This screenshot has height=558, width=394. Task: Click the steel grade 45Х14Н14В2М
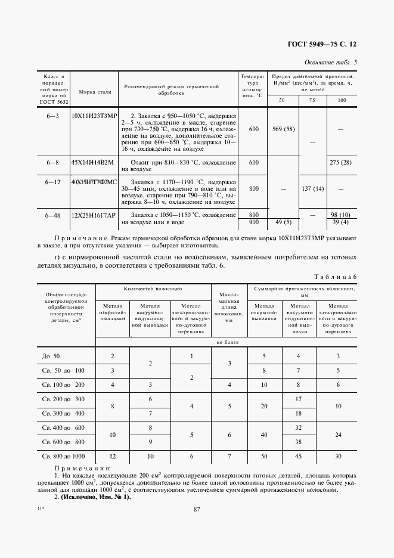(91, 162)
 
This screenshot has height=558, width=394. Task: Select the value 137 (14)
(312, 189)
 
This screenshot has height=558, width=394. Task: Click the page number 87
(197, 509)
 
